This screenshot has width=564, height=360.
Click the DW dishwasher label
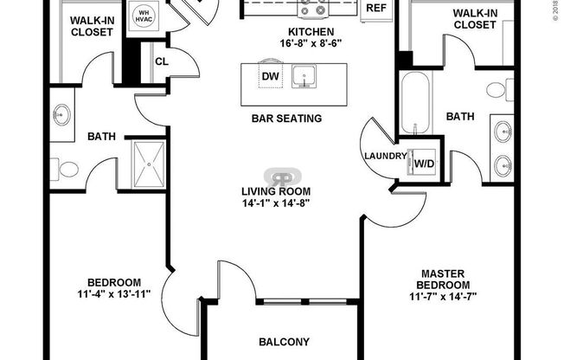(x=268, y=75)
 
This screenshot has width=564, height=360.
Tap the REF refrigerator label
(x=375, y=8)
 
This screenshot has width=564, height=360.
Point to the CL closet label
(x=162, y=61)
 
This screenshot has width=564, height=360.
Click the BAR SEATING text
(x=286, y=119)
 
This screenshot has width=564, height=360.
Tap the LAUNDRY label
(x=386, y=156)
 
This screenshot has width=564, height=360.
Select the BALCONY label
(x=285, y=342)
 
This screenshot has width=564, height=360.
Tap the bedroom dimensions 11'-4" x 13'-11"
(x=114, y=292)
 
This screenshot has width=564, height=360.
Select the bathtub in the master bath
(x=414, y=103)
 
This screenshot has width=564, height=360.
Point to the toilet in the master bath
(x=496, y=90)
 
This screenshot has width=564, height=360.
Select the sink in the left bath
(x=62, y=112)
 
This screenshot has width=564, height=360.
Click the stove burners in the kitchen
(x=312, y=10)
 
